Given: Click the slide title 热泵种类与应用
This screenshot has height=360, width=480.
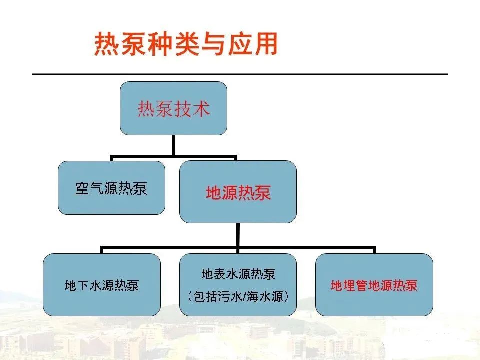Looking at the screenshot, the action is click(186, 44).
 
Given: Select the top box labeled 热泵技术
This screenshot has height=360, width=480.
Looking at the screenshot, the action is click(173, 108).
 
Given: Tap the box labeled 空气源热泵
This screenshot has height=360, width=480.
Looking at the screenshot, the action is click(111, 188).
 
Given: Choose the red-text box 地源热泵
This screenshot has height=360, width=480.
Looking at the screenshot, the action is click(238, 192).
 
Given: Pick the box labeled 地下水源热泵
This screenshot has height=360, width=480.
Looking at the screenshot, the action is click(102, 285).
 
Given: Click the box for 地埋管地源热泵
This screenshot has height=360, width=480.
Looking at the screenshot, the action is click(374, 285).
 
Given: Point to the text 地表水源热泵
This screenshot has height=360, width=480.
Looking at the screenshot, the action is click(238, 274).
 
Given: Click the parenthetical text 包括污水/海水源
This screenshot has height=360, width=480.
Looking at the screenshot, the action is click(238, 296).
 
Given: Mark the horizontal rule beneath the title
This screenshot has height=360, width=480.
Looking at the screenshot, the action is click(240, 74).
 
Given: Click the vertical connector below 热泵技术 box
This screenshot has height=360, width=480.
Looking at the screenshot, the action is click(174, 145).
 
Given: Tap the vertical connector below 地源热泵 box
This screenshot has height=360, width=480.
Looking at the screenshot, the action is click(238, 235).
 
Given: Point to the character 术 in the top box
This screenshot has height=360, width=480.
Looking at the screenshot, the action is click(201, 108).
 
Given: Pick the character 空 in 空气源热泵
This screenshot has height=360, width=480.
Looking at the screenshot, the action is click(82, 188).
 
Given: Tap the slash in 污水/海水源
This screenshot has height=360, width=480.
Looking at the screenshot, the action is click(245, 296).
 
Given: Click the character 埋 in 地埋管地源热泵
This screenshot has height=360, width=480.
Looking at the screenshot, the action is click(349, 285).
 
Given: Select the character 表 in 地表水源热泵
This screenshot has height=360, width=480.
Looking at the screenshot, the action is click(220, 274).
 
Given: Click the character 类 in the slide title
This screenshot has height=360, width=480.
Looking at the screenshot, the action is click(186, 44).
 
